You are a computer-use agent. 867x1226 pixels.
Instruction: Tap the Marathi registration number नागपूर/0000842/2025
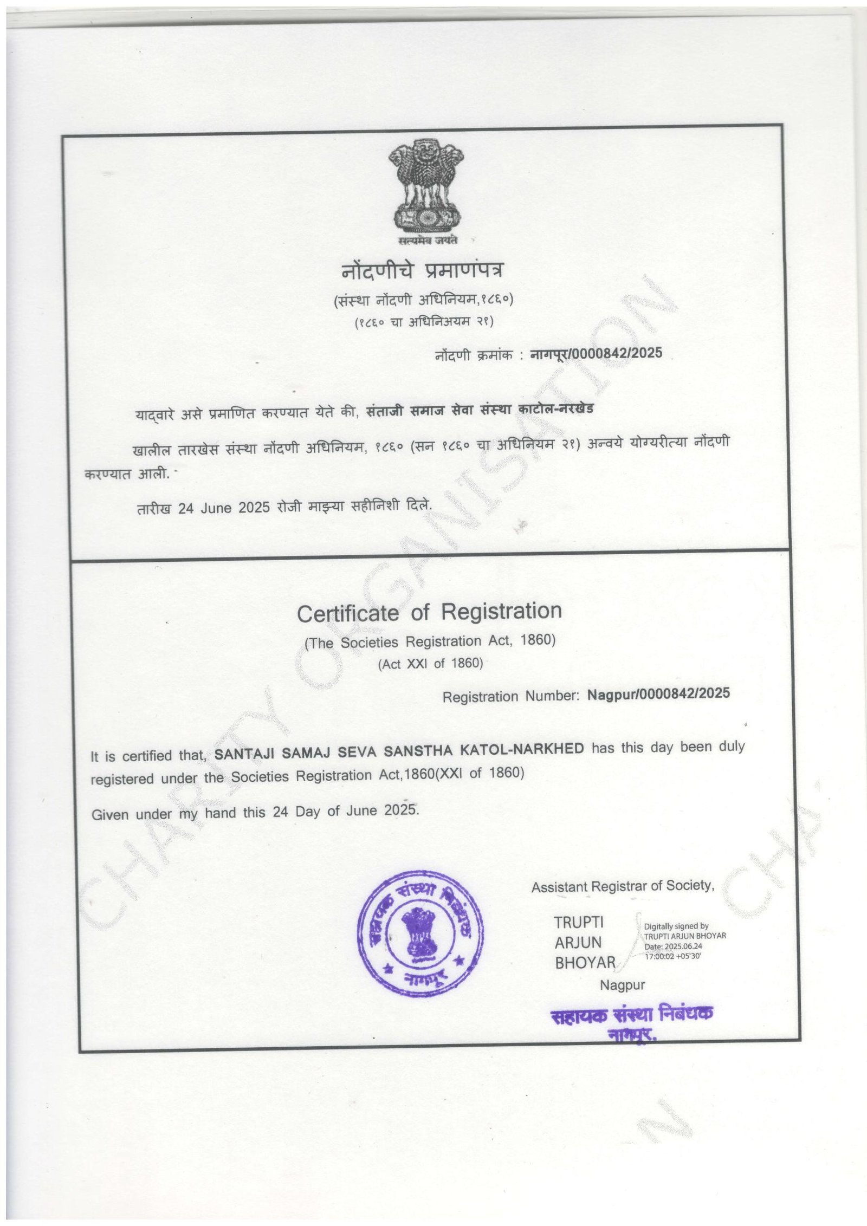point(596,353)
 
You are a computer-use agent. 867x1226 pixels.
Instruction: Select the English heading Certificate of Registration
point(429,612)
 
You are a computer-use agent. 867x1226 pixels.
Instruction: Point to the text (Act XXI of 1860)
point(430,664)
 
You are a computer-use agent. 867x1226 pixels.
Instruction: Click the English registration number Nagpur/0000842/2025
point(658,694)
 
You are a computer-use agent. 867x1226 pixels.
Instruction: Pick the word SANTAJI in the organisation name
point(245,754)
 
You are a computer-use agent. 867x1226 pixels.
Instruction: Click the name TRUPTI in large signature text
point(578,922)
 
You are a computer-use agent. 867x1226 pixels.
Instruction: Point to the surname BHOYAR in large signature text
point(585,963)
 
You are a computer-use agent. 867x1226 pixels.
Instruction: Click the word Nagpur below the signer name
point(622,985)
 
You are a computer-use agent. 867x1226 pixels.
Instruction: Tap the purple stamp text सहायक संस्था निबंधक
point(631,1014)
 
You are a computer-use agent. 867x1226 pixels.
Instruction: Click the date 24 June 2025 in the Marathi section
point(224,508)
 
